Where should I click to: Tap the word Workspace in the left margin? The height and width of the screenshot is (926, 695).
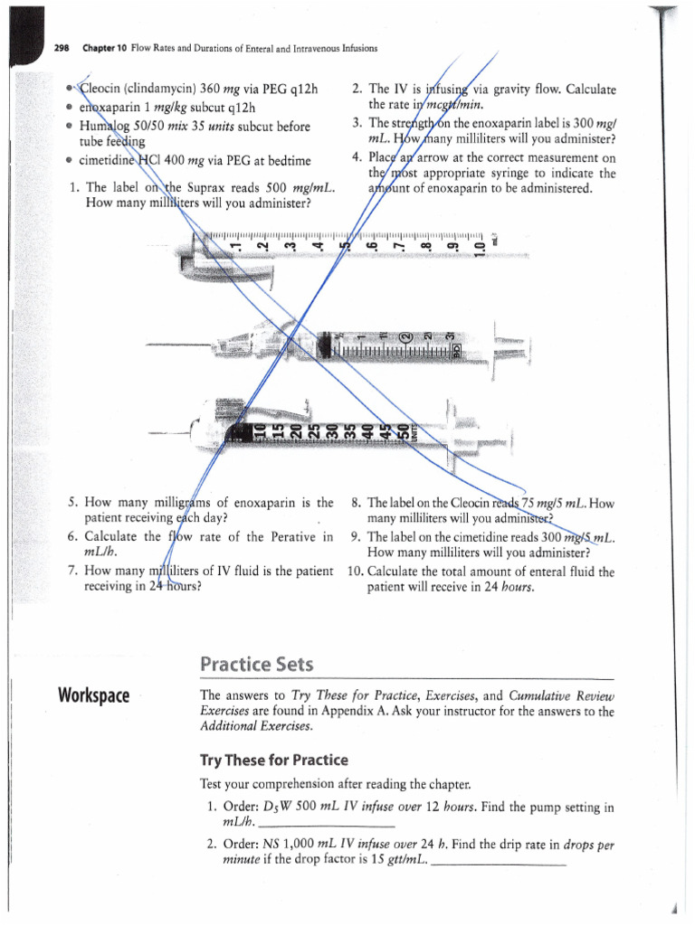tap(93, 695)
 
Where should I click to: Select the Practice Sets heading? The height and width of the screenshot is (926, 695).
tap(256, 665)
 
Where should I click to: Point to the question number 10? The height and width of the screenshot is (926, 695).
tap(355, 572)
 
